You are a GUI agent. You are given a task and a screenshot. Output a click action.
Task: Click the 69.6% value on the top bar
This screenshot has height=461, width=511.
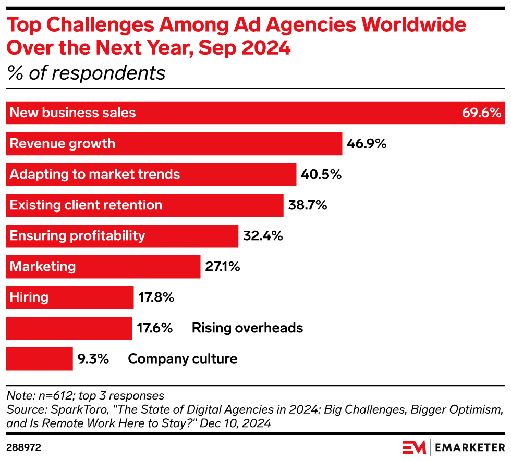[x=481, y=113]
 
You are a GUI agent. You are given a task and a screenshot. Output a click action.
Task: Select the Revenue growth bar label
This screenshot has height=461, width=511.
[x=62, y=143]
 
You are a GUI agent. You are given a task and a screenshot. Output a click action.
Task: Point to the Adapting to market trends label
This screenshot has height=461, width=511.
[x=94, y=174]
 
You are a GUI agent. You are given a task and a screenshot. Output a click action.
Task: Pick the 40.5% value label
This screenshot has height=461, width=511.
[x=321, y=174]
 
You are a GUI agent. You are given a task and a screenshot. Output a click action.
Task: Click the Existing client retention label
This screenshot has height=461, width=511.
[x=86, y=205]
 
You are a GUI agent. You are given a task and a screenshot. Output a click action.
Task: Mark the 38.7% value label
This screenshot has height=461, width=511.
[x=307, y=205]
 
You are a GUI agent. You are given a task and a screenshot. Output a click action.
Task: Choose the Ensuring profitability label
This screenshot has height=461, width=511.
[x=77, y=235]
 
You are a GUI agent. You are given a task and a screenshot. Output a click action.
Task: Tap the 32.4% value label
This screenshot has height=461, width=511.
[x=262, y=235]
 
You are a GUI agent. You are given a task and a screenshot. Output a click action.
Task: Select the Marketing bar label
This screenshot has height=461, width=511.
[x=42, y=266]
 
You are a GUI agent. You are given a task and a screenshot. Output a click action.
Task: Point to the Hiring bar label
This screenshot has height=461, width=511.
[x=29, y=297]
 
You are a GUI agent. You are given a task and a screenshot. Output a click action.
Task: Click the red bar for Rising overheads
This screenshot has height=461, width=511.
[x=69, y=328]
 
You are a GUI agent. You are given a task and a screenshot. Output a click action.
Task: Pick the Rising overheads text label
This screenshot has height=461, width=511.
[x=247, y=328]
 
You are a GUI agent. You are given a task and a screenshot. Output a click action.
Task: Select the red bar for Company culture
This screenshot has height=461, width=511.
[x=39, y=358]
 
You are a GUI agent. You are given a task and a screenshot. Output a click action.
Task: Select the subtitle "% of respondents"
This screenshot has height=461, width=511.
[x=86, y=73]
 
